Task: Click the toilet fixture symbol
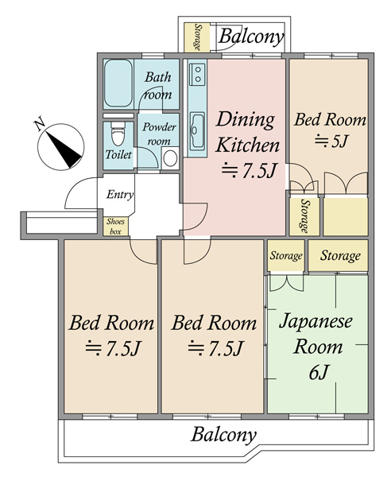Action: (118, 134)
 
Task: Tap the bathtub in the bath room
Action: (118, 83)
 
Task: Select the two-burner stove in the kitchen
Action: (197, 75)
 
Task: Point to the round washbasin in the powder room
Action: (170, 158)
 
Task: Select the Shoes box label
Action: (115, 227)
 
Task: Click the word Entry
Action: (120, 195)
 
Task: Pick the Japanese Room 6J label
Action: (316, 347)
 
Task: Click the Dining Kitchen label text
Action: (247, 132)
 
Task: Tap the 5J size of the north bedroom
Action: (331, 141)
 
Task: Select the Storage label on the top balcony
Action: (198, 37)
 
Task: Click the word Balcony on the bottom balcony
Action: (224, 435)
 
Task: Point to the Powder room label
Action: (159, 134)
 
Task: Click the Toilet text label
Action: (118, 154)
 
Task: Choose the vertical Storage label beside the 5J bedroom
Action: (304, 216)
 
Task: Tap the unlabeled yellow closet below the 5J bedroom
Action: (346, 216)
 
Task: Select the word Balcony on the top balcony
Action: (251, 37)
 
